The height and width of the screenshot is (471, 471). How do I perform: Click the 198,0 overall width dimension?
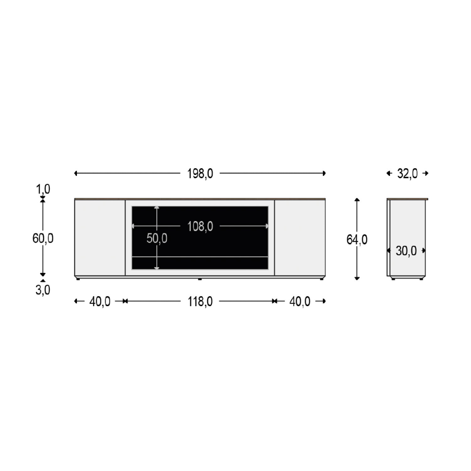click(x=200, y=173)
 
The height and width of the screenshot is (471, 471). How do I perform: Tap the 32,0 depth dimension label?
click(x=407, y=173)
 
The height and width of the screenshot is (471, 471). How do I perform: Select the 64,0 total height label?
click(x=357, y=240)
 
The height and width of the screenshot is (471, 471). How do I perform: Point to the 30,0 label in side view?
click(x=406, y=251)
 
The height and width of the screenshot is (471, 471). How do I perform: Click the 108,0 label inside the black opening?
click(x=200, y=226)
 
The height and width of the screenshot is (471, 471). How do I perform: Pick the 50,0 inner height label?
click(x=157, y=239)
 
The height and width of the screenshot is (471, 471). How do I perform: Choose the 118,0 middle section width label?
click(x=200, y=301)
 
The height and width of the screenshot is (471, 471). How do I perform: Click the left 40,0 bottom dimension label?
click(x=100, y=301)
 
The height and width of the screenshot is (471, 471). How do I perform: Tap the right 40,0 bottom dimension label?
click(x=300, y=301)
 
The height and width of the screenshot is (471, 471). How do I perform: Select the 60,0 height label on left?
click(x=43, y=239)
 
